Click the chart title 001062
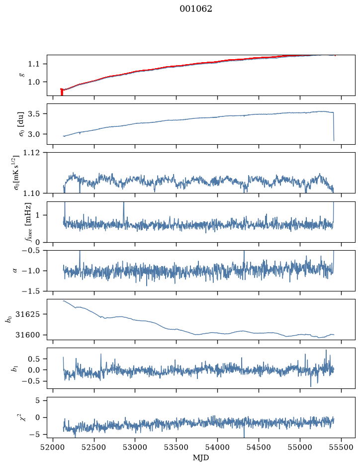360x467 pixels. tap(195, 9)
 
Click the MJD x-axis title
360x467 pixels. tap(201, 458)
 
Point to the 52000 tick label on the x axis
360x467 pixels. tap(53, 447)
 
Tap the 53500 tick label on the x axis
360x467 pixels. tap(177, 447)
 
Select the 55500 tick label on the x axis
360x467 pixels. tap(341, 447)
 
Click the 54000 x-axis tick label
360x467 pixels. tap(217, 447)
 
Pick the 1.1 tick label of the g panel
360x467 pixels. tap(34, 64)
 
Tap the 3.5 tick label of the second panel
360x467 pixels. tap(34, 114)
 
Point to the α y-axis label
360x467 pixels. tap(15, 271)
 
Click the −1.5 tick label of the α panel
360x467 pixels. tap(31, 291)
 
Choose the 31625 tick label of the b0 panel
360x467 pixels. tap(27, 314)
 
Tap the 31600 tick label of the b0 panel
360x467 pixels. tap(27, 335)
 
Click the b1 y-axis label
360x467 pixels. tap(14, 369)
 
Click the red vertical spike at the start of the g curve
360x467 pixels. tap(62, 92)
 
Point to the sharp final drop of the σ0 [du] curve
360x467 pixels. tap(334, 127)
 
